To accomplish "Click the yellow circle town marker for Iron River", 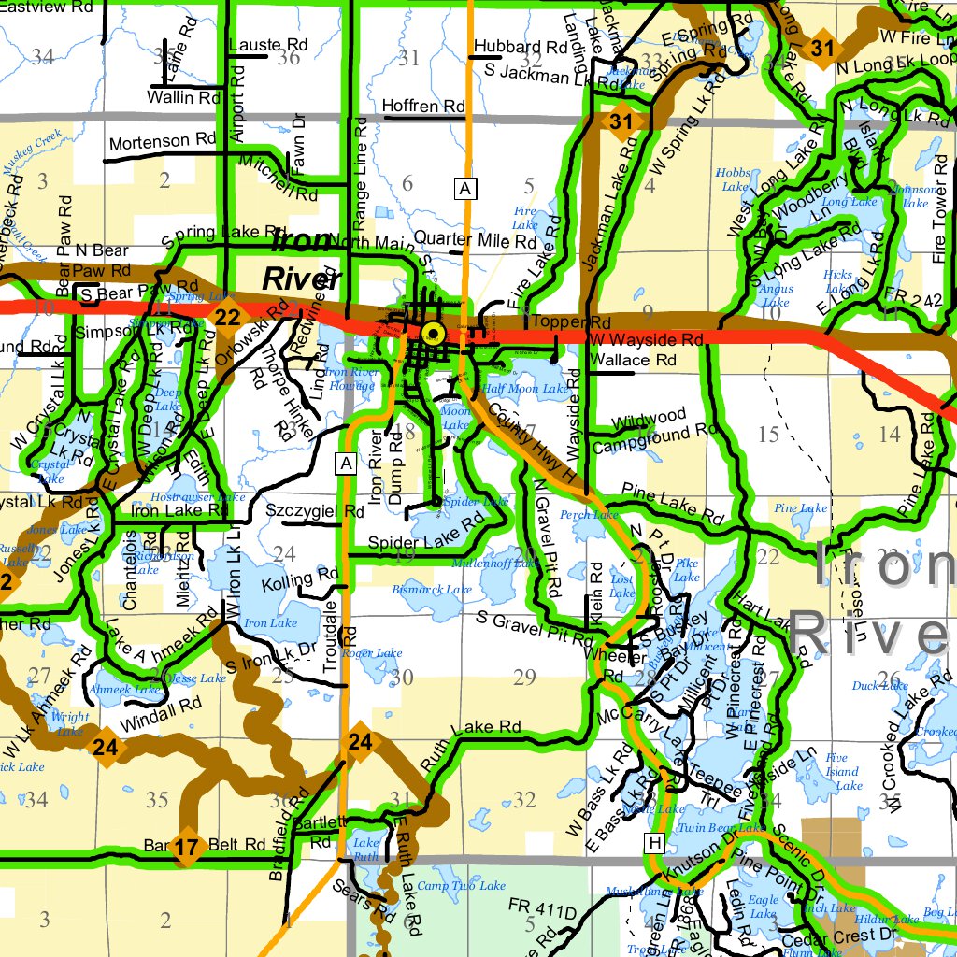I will click(x=432, y=333).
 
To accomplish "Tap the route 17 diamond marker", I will click(x=187, y=848).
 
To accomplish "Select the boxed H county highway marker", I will click(x=654, y=844).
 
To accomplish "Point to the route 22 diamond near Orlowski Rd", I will click(x=227, y=317).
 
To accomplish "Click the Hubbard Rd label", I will click(x=521, y=47).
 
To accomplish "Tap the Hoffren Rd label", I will click(x=424, y=107).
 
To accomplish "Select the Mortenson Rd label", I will click(x=163, y=142).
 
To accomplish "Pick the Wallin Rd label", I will click(x=184, y=97).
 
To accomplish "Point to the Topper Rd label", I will click(x=563, y=321).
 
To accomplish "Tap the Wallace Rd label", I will click(x=640, y=360).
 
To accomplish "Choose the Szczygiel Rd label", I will click(x=315, y=511).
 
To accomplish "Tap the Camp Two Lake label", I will click(x=461, y=885).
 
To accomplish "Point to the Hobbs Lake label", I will click(x=733, y=179).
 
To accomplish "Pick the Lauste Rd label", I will click(x=268, y=44).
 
